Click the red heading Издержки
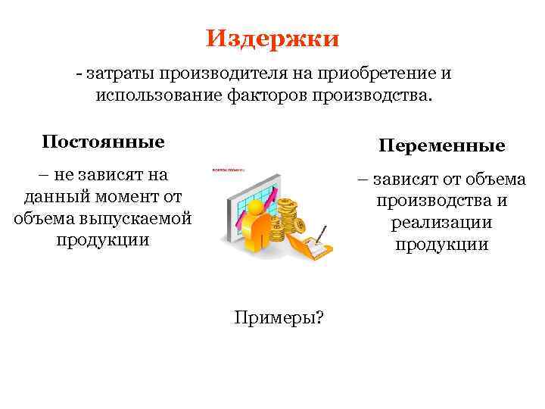[x=272, y=38]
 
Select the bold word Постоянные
[x=103, y=142]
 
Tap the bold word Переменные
[x=442, y=145]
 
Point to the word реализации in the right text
[x=442, y=223]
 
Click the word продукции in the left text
[x=103, y=240]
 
